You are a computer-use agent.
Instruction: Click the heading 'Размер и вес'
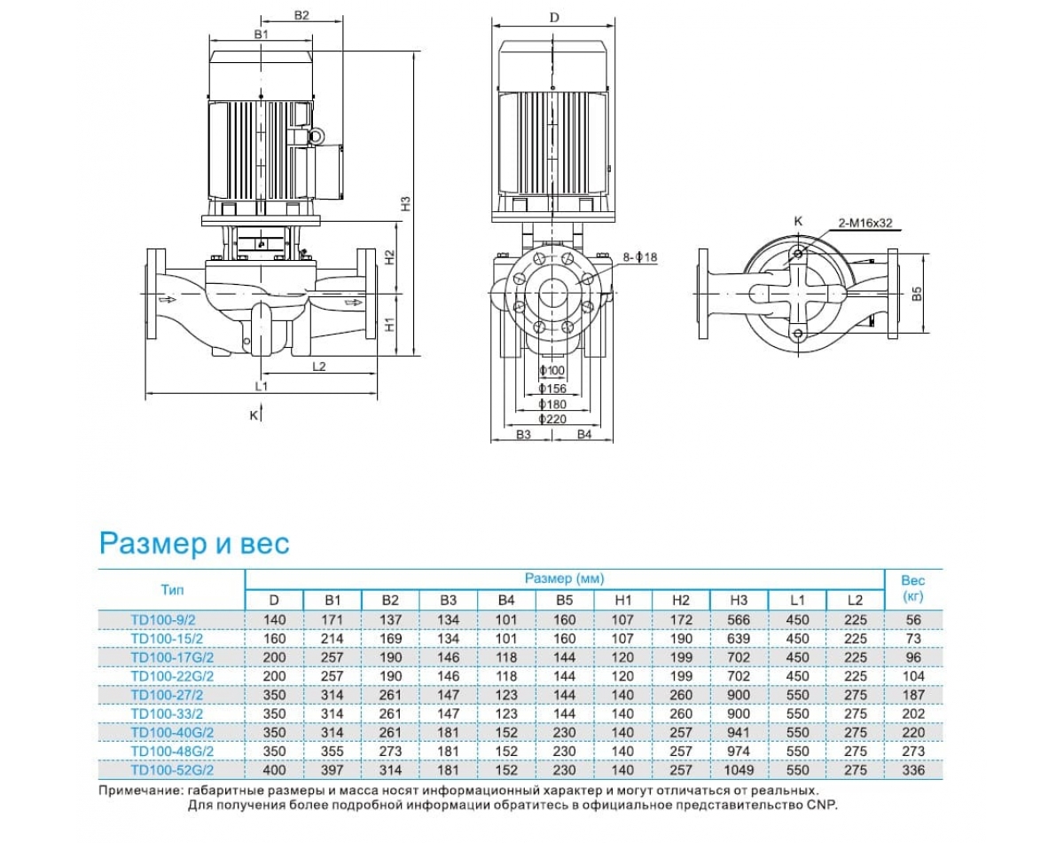[x=194, y=542]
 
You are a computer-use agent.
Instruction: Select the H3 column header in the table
[x=739, y=601]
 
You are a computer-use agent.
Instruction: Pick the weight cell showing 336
[x=914, y=770]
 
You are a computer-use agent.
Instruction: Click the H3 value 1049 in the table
[x=739, y=770]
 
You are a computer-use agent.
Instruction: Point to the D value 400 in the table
[x=274, y=770]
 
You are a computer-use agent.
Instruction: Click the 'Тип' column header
[x=173, y=588]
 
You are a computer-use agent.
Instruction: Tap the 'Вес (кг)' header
[x=913, y=588]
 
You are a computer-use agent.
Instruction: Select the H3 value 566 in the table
[x=739, y=619]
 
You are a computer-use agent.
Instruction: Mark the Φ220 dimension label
[x=552, y=419]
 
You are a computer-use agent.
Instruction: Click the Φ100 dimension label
[x=552, y=371]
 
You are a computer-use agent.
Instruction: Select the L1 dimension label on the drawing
[x=261, y=386]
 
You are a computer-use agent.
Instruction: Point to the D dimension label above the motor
[x=554, y=17]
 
